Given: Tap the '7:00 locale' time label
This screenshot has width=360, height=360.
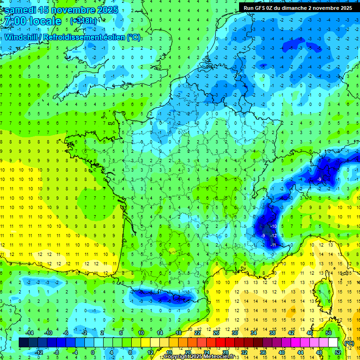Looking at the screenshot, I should click(32, 22).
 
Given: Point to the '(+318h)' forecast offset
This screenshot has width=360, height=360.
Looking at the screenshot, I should click(84, 21).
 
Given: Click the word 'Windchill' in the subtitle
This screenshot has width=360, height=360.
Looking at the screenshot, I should click(22, 37).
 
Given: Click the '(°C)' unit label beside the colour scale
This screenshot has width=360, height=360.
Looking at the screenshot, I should click(349, 343).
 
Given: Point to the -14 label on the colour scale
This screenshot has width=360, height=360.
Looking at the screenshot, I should click(30, 333).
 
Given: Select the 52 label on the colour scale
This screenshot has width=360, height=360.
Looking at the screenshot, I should click(337, 352).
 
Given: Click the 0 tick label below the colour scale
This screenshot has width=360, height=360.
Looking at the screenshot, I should click(93, 352).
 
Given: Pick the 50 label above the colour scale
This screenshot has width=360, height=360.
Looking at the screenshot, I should click(329, 333).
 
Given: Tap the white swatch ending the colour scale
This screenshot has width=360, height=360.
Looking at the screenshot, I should click(333, 343).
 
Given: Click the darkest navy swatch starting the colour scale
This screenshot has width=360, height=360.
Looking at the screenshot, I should click(23, 343).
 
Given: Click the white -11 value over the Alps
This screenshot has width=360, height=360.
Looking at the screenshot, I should click(273, 245).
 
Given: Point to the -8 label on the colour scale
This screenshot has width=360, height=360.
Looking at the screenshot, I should click(57, 352).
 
